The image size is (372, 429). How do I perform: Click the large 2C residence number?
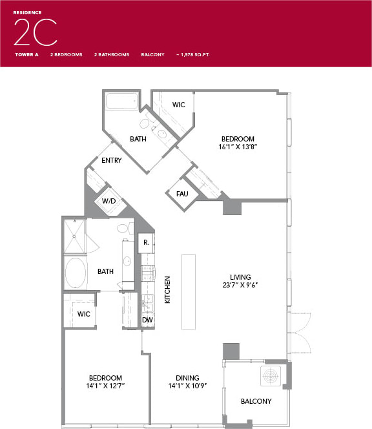(x=35, y=32)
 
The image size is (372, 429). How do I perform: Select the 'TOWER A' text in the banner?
(x=27, y=55)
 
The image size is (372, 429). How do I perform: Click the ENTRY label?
(x=111, y=160)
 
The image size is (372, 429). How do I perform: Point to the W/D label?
(x=108, y=201)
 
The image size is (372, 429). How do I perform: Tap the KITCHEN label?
(x=167, y=290)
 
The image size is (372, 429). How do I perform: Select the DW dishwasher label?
(x=147, y=320)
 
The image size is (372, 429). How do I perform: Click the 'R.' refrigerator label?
(x=147, y=243)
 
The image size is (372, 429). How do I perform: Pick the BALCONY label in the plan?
(x=256, y=401)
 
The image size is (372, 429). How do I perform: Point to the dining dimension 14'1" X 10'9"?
(x=187, y=386)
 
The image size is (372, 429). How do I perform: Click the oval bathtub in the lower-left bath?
(x=76, y=273)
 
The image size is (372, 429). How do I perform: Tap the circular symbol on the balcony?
(x=271, y=375)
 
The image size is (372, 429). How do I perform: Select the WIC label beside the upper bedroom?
(x=179, y=105)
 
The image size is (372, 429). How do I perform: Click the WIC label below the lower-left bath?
(x=84, y=313)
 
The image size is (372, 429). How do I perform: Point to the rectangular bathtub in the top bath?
(x=121, y=101)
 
